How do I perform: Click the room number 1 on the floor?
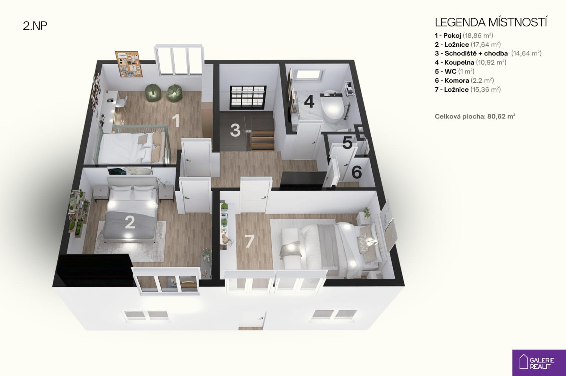coord(176,120)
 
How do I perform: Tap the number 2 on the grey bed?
coord(130,222)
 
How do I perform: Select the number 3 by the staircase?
coord(235,130)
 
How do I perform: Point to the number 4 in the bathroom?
coord(309,102)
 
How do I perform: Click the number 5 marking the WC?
coord(347,143)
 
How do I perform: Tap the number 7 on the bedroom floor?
coord(250,241)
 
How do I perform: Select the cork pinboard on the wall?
coord(129,64)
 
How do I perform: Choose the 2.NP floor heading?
coord(35,26)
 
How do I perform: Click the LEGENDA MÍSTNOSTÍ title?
coord(491,22)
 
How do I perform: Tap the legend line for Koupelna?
coord(471,62)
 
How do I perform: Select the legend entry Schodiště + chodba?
coord(488,53)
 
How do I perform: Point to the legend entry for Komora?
coord(464,80)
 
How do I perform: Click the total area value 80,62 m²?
coord(501,116)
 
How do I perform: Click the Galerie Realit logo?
coord(539,363)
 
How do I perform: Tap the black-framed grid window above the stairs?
coord(248,97)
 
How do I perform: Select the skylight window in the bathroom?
coord(309,75)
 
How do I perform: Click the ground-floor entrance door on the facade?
coord(252,321)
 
